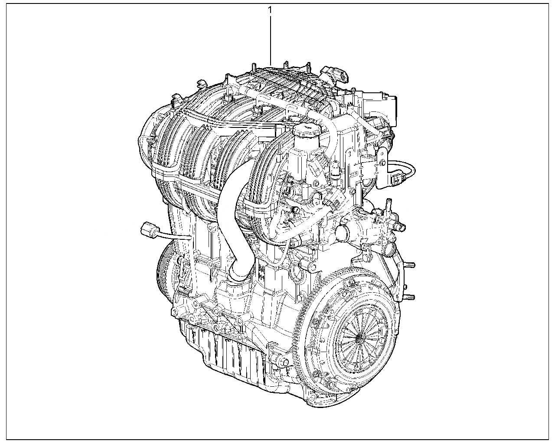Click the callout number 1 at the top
[x=270, y=10]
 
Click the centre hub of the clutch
[x=359, y=337]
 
